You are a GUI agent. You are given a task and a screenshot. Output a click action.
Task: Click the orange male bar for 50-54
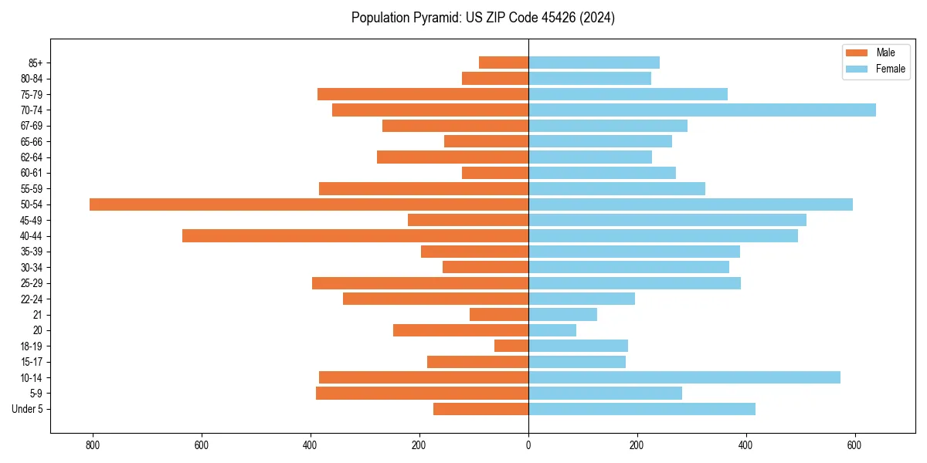tap(309, 204)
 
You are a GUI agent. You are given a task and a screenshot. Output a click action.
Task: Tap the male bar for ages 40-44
tap(355, 236)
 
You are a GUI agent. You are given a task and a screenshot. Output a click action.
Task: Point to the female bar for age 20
tap(552, 330)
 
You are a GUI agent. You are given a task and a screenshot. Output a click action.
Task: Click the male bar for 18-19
tap(511, 346)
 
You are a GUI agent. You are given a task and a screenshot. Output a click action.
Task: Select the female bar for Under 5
tap(641, 409)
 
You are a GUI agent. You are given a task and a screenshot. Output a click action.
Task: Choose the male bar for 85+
tap(504, 63)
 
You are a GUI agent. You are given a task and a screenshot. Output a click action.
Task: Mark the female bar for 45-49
tap(667, 220)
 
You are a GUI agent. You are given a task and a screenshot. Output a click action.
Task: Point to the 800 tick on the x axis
tap(93, 445)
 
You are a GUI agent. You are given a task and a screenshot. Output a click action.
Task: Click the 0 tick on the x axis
tap(528, 445)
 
